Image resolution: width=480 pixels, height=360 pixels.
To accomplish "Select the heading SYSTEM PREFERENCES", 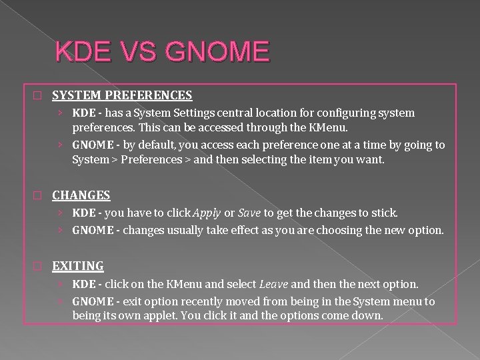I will coord(122,95).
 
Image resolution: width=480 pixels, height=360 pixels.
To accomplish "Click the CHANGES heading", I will coord(81,195).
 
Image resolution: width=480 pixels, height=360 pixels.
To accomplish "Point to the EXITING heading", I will coord(78,266).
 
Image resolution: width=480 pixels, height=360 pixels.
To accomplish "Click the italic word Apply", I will coord(207,213).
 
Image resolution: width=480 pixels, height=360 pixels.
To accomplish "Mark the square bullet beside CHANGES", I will coord(37,196).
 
